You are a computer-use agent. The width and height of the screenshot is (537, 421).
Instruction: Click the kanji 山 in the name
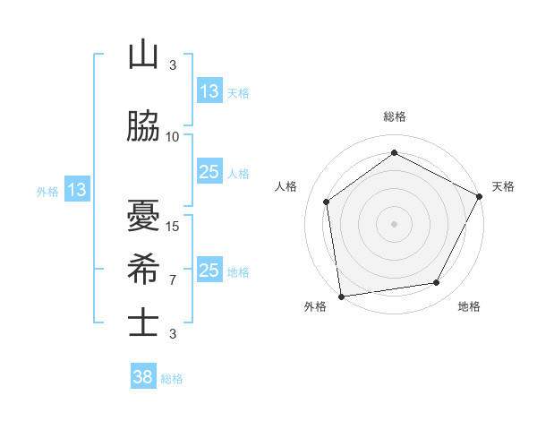click(143, 56)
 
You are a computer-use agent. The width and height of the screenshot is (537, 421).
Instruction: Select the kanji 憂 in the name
click(143, 215)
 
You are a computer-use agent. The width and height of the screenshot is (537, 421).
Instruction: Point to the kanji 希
click(143, 270)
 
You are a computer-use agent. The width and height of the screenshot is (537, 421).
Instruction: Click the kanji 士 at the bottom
click(143, 323)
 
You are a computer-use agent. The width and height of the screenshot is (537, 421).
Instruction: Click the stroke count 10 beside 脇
click(173, 137)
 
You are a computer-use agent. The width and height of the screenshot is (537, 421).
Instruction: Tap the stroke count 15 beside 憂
click(173, 226)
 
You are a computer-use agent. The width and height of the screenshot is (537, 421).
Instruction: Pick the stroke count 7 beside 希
click(173, 279)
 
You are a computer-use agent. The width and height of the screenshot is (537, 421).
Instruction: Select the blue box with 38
click(143, 378)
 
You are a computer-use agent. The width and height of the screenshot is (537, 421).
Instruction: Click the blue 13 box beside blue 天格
click(209, 91)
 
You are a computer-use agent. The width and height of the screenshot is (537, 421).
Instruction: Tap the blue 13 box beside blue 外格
click(76, 190)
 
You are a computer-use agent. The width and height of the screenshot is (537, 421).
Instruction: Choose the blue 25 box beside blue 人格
click(209, 172)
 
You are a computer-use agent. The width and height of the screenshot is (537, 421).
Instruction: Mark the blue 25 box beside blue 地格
click(209, 271)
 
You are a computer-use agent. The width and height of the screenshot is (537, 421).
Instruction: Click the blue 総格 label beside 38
click(172, 379)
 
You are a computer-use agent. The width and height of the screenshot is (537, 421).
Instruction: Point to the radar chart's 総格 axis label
click(395, 116)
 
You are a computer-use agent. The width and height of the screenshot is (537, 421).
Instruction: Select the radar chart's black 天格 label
click(503, 186)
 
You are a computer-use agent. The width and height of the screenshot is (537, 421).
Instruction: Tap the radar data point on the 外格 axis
click(341, 296)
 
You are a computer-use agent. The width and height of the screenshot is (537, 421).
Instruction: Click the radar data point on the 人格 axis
click(327, 202)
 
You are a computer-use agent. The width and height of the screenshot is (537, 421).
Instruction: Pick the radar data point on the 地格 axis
click(437, 282)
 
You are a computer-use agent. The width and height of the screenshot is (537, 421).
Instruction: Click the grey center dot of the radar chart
click(395, 223)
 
